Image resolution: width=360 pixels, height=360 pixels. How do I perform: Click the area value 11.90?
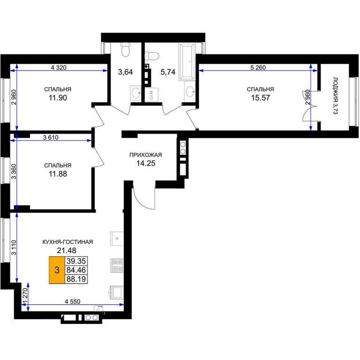[x=58, y=98]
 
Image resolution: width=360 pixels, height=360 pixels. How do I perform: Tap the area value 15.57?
[x=260, y=98]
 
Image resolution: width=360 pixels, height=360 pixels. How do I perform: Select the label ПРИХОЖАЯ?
[x=146, y=155]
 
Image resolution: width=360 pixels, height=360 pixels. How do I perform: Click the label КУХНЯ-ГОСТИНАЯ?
[x=67, y=242]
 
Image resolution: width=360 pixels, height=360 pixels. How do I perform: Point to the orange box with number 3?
[x=57, y=270]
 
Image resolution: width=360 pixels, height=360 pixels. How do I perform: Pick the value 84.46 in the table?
[x=76, y=270]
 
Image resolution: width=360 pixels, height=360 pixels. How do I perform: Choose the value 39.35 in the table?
[x=76, y=261]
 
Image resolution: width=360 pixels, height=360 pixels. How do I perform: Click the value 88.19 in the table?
[x=76, y=279]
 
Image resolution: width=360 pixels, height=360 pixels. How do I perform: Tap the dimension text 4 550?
[x=73, y=301]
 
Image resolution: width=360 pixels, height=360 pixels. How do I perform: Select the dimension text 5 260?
[x=258, y=67]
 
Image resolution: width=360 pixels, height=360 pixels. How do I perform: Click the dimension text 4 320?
[x=59, y=67]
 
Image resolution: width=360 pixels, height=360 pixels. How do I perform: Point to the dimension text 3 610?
[x=51, y=137]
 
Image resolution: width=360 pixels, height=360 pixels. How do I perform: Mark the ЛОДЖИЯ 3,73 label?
[x=336, y=96]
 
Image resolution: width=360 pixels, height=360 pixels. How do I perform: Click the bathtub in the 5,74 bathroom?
[x=187, y=61]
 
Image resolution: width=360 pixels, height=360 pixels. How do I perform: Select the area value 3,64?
[x=125, y=72]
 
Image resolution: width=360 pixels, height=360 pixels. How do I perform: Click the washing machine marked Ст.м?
[x=151, y=94]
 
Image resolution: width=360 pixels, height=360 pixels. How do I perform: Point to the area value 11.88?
[x=58, y=174]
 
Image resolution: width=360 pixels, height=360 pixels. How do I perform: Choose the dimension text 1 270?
[x=25, y=296]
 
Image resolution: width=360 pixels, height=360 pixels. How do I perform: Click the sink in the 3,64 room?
[x=135, y=93]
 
